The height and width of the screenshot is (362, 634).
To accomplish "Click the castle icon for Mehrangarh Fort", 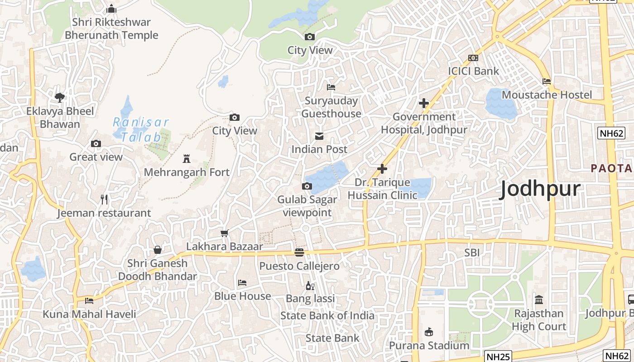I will (x=186, y=159).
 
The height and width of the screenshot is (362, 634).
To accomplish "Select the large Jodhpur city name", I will (x=540, y=189).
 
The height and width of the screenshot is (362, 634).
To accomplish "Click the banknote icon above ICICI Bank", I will (x=473, y=58).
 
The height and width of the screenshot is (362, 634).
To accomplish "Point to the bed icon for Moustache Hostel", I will (x=547, y=81).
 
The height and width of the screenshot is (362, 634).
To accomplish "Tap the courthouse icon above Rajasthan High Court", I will (x=539, y=300).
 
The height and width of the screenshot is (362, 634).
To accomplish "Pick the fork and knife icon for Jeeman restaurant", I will (x=104, y=199).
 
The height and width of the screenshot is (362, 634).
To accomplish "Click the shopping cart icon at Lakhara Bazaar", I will (x=224, y=233).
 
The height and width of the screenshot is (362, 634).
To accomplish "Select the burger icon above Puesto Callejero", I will (x=299, y=252).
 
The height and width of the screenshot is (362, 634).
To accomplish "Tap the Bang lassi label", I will (x=310, y=299).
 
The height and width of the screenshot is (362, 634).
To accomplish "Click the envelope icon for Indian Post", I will (x=319, y=136).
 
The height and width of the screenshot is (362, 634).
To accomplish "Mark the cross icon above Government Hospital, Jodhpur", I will (x=424, y=103).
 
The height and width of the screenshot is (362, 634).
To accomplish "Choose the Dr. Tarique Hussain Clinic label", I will (x=382, y=189).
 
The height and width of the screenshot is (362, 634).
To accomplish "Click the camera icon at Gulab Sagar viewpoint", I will (x=307, y=186).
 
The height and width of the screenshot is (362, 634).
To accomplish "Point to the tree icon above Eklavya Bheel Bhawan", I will (x=60, y=97).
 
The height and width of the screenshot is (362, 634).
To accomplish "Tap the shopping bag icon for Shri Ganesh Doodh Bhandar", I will (x=158, y=250).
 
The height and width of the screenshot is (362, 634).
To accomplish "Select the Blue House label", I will (x=243, y=296).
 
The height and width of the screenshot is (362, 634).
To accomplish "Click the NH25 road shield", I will (x=497, y=357).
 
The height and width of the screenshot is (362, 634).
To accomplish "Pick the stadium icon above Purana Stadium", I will (x=429, y=332).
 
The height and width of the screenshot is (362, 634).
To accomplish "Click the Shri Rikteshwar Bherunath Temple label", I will (x=111, y=29).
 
